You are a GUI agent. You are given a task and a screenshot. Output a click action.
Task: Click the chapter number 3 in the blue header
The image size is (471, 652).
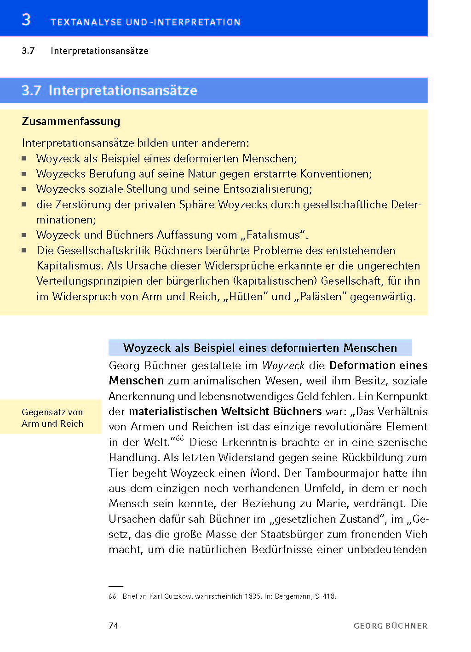click(26, 20)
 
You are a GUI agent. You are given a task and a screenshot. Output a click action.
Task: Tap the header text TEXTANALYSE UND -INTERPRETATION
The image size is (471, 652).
click(145, 22)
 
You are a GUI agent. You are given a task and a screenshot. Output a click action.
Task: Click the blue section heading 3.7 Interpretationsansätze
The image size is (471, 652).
click(109, 91)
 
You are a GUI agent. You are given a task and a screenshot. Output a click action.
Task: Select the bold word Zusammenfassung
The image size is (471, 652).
click(71, 121)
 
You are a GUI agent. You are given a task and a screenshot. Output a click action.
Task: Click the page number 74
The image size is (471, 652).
click(114, 625)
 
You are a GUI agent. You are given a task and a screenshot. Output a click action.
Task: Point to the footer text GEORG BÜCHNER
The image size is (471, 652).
click(391, 626)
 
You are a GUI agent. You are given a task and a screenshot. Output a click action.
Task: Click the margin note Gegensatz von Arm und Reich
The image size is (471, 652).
click(52, 418)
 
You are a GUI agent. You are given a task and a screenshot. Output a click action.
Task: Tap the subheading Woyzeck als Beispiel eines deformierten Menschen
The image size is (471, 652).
click(260, 348)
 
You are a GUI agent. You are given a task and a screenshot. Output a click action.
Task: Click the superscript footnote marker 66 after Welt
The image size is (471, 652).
click(179, 439)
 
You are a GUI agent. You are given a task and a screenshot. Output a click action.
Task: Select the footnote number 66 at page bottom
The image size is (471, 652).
click(113, 596)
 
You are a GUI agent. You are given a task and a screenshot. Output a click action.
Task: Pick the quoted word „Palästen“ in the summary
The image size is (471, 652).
click(321, 297)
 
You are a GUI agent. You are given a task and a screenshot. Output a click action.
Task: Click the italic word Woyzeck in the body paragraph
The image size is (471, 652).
click(283, 366)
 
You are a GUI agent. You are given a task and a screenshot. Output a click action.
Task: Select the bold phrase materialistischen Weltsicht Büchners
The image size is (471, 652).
click(225, 412)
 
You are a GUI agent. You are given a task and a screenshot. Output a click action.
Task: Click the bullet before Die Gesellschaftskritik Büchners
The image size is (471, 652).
click(24, 251)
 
